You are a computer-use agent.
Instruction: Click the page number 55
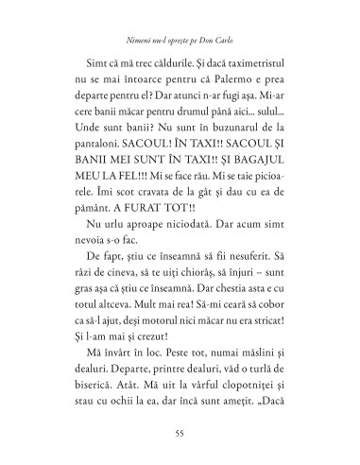click(x=179, y=434)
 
